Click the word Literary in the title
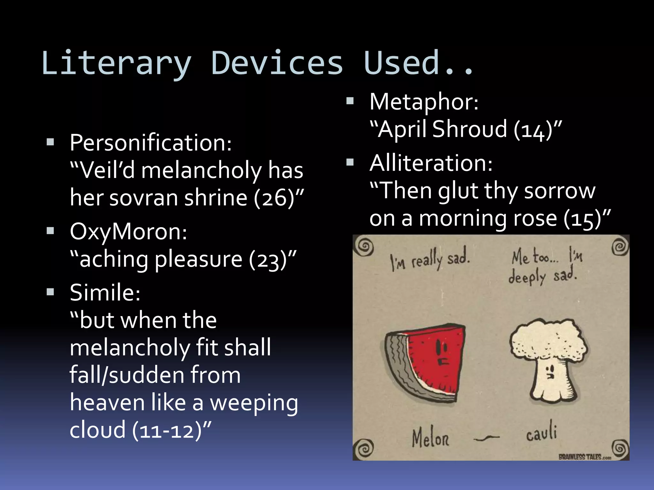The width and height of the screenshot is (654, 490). [x=117, y=64]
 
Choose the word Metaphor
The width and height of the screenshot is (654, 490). [x=424, y=102]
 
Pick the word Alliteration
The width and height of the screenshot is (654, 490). [x=431, y=163]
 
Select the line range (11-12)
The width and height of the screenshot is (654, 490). [x=167, y=431]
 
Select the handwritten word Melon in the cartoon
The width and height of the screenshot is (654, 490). [x=430, y=438]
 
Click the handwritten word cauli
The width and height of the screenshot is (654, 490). [x=541, y=434]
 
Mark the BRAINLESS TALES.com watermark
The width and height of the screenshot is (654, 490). [x=584, y=457]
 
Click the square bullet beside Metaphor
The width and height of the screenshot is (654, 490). [x=350, y=101]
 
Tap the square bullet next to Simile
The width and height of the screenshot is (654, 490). [x=50, y=292]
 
